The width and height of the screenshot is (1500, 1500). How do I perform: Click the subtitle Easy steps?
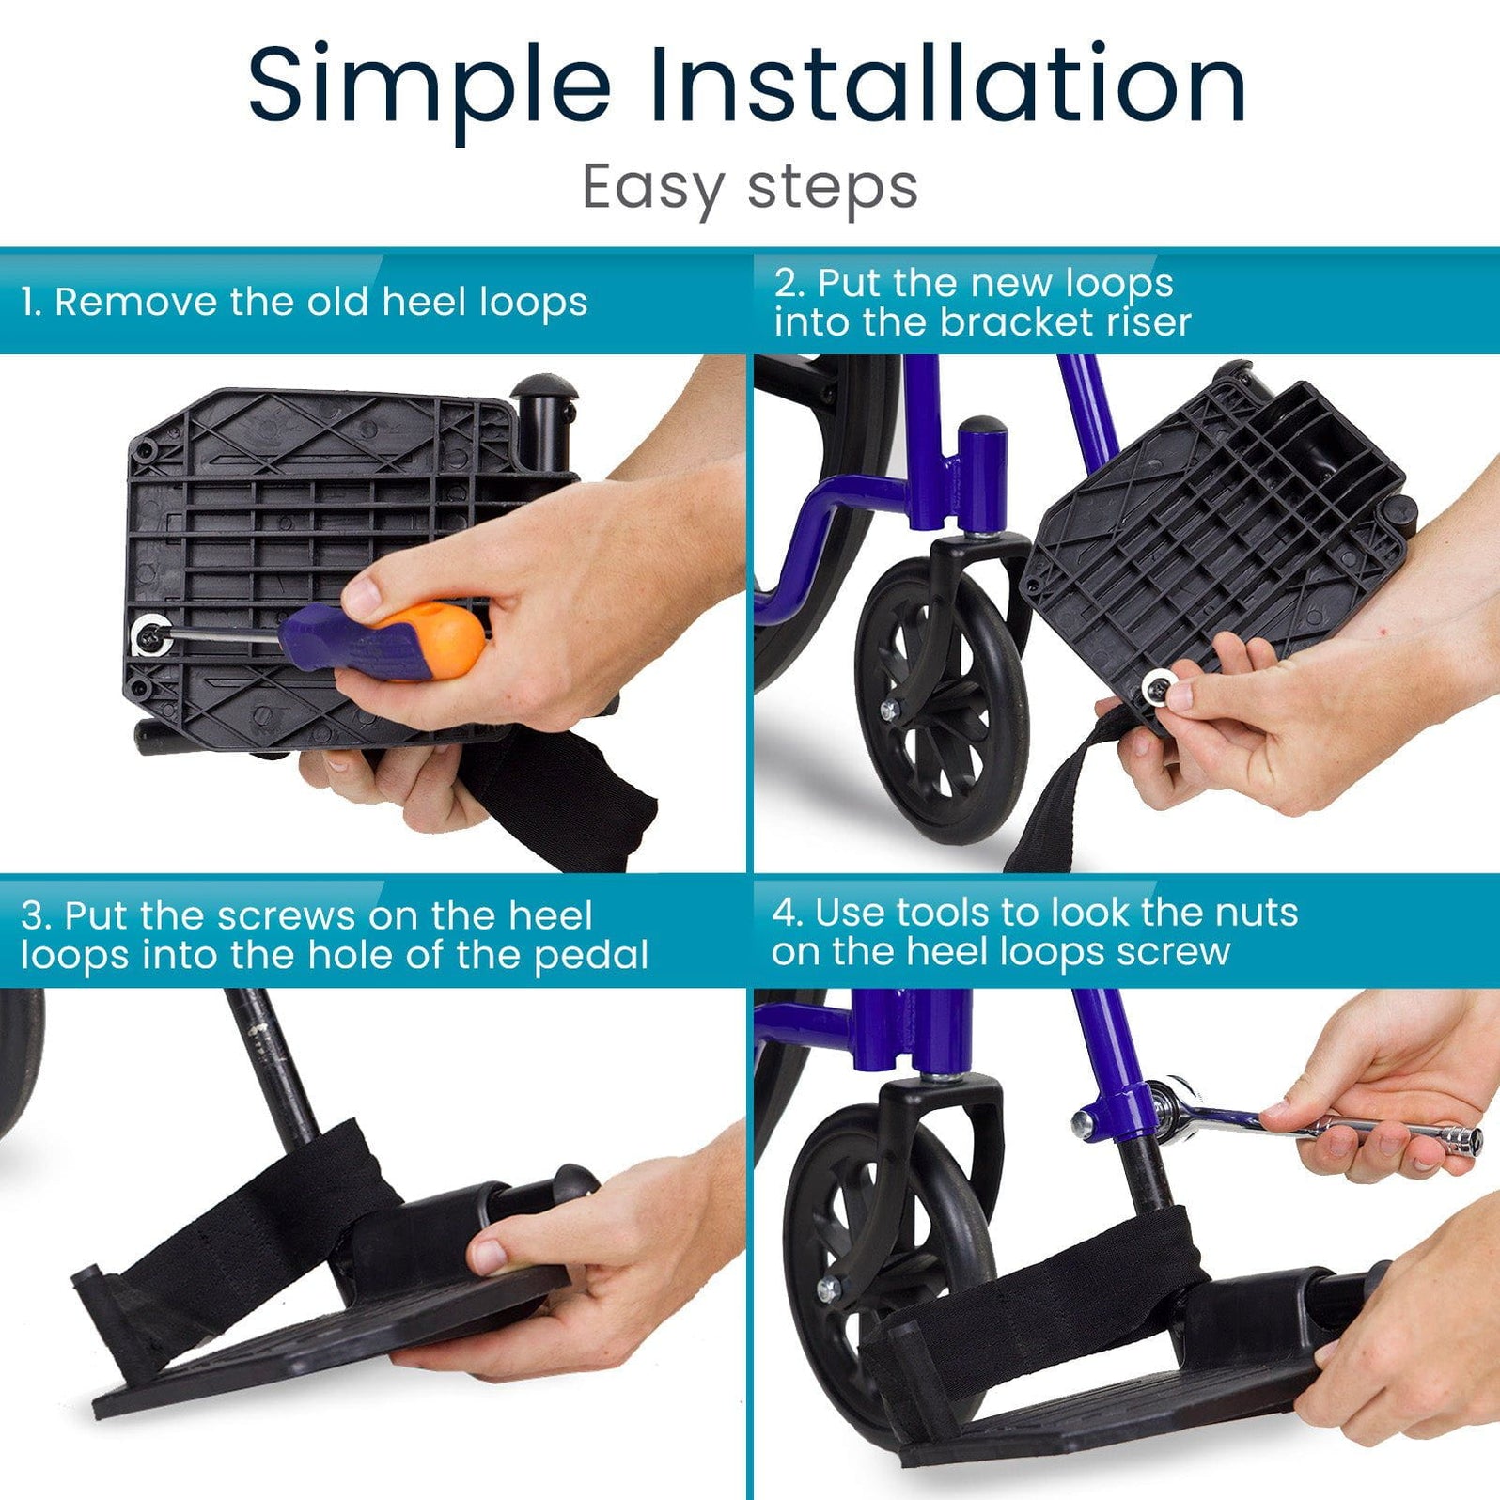[749, 188]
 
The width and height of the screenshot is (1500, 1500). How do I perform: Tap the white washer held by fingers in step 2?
[1157, 693]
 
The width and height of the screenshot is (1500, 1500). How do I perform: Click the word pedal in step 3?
[591, 956]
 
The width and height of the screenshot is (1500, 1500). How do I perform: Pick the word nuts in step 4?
[1257, 913]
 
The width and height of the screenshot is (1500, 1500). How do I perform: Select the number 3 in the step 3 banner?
[33, 915]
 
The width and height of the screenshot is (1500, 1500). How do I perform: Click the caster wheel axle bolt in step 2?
[886, 710]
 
